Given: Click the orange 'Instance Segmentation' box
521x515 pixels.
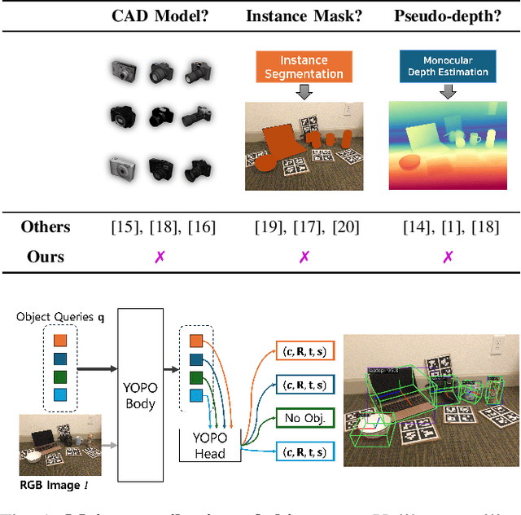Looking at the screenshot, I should click(304, 68).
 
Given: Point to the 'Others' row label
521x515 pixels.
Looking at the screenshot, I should click(46, 227).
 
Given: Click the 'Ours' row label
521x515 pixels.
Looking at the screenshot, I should click(46, 257).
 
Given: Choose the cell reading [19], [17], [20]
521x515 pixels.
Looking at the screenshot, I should click(304, 227).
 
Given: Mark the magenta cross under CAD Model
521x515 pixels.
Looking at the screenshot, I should click(160, 257).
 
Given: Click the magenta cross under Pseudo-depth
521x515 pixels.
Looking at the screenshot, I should click(447, 257).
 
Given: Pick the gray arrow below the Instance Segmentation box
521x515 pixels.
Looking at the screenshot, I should click(304, 93).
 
